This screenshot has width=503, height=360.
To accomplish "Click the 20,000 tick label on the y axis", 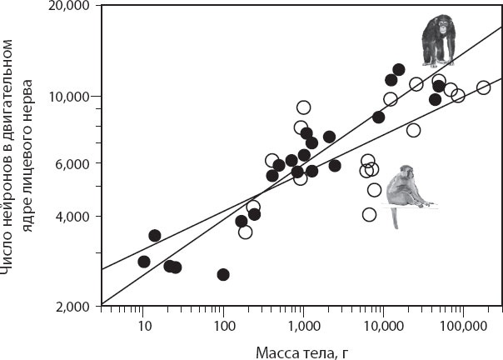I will pyautogui.click(x=69, y=7).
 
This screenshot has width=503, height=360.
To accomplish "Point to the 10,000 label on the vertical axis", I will pyautogui.click(x=69, y=97).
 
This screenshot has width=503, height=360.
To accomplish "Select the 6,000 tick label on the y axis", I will pyautogui.click(x=72, y=163).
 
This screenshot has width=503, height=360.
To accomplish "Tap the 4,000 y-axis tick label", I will pyautogui.click(x=72, y=217).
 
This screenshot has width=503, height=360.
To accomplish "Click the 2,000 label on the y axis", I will pyautogui.click(x=72, y=306).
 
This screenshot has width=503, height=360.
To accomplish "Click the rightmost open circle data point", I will pyautogui.click(x=483, y=87).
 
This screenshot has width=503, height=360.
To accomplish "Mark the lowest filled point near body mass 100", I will pyautogui.click(x=223, y=274).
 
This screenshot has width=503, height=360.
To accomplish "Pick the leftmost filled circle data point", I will pyautogui.click(x=144, y=261).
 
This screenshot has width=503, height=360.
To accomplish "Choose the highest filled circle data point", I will pyautogui.click(x=398, y=69).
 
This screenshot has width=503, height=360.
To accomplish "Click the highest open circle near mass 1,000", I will pyautogui.click(x=304, y=107).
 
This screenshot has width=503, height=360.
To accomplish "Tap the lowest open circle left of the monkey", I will pyautogui.click(x=369, y=214).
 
